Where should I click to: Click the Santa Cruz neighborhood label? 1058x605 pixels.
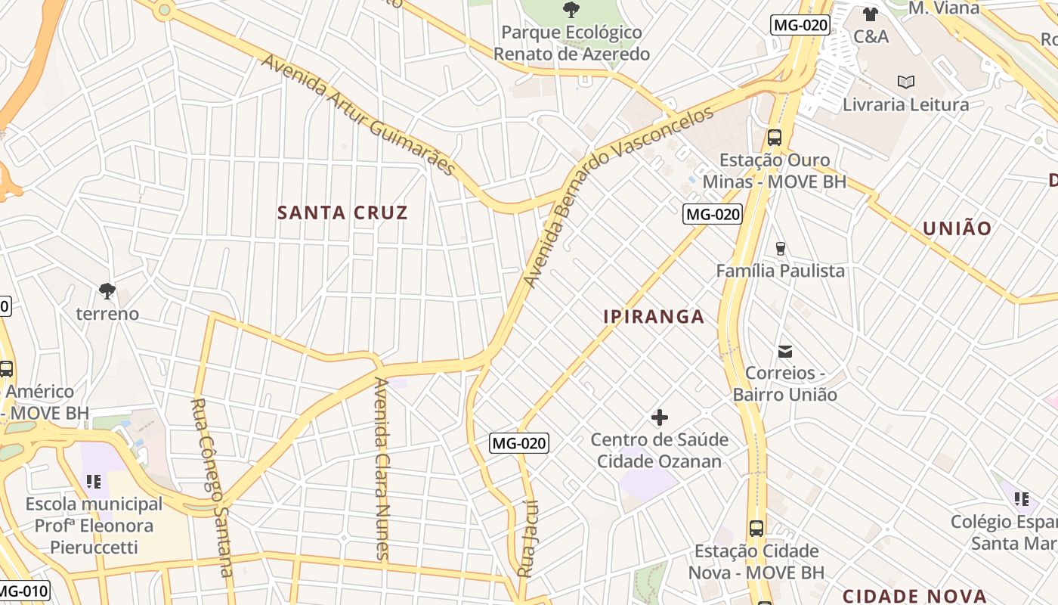pos(342,213)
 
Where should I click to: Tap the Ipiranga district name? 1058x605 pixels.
pos(654,317)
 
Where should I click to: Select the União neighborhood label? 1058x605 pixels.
pos(957,228)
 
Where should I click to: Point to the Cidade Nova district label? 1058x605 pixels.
pos(914,596)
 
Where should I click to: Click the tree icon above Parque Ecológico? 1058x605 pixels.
pos(571,10)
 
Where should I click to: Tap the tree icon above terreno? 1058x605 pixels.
pos(107,290)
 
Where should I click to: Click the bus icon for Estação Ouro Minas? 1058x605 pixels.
pos(775,138)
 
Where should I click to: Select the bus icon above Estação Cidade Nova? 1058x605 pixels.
pos(756,529)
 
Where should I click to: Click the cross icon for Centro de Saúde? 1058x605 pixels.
pos(660,417)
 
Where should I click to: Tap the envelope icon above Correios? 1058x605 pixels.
pos(785,351)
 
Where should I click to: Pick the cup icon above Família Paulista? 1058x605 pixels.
pos(781,248)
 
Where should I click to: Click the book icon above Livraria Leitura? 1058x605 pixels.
pos(905,82)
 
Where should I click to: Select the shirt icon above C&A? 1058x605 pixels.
pos(871,14)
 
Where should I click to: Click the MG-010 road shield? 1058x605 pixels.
pos(23,591)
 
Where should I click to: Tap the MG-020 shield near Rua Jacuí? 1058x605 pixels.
pos(518,443)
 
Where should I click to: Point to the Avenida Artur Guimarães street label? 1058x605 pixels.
pos(359,114)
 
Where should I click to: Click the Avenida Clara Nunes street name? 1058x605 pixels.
pos(382,469)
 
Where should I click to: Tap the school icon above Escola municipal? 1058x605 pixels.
pos(94,482)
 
